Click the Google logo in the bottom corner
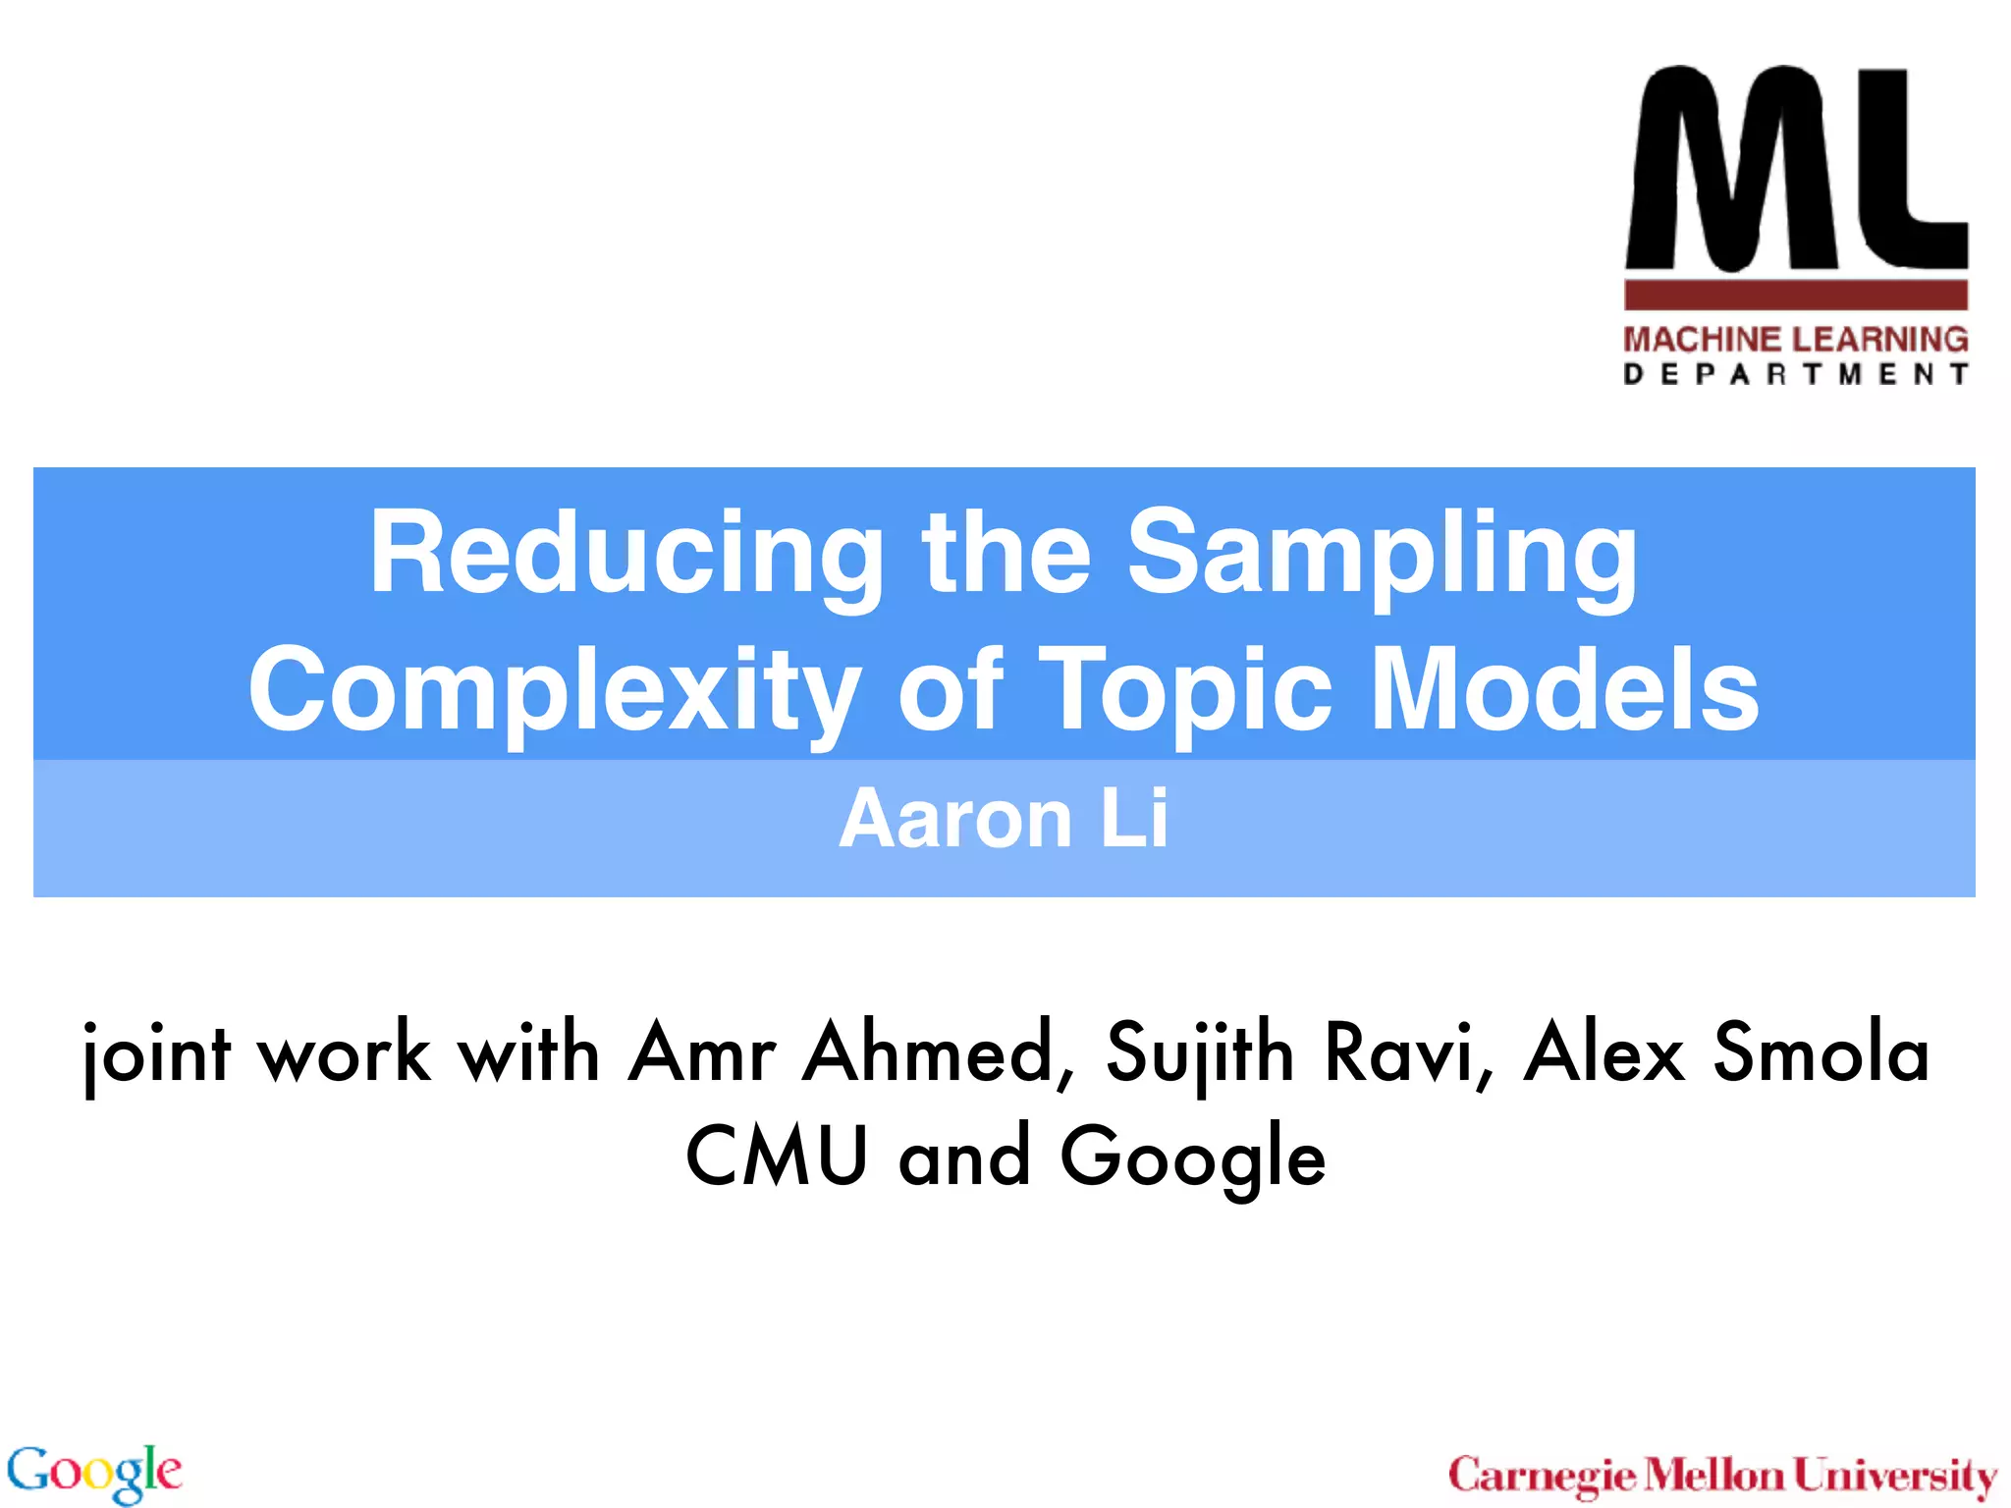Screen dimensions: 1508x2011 (x=94, y=1472)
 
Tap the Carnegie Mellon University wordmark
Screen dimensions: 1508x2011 (x=1722, y=1476)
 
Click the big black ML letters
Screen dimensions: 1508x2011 (x=1795, y=169)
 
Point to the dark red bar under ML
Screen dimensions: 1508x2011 (x=1795, y=296)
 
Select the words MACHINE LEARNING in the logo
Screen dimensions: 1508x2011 (x=1795, y=340)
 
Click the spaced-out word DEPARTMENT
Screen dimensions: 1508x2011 (x=1795, y=375)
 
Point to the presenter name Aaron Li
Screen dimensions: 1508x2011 (x=1004, y=819)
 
